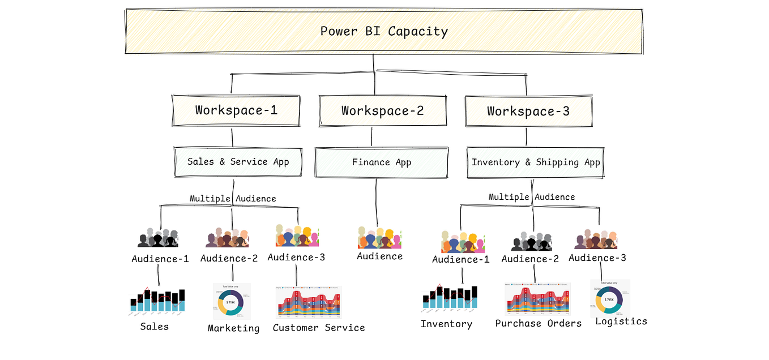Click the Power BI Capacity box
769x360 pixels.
[384, 31]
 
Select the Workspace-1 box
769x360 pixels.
[236, 110]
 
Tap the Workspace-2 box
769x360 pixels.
[382, 111]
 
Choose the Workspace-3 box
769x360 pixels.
[528, 112]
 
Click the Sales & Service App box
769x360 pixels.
[238, 162]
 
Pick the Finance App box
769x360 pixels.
[382, 162]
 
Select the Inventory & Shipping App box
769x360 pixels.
[535, 162]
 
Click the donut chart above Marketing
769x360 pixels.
[231, 302]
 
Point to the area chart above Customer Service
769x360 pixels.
[308, 302]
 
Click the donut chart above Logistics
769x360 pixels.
[609, 298]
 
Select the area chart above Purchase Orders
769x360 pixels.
[537, 299]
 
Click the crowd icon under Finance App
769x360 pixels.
[379, 238]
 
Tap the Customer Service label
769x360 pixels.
[319, 328]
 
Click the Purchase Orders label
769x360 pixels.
[538, 323]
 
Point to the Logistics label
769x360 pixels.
[621, 321]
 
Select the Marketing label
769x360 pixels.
[233, 328]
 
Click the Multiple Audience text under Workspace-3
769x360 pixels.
[532, 197]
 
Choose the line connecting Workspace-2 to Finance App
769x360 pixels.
[372, 137]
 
